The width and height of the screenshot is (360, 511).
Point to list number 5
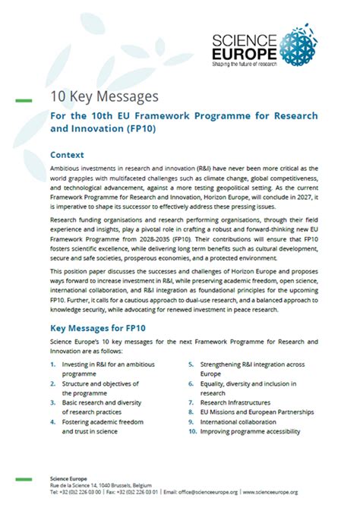(x=193, y=365)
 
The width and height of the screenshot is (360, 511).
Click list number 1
(x=52, y=365)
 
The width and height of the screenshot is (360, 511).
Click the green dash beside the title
(x=24, y=99)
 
